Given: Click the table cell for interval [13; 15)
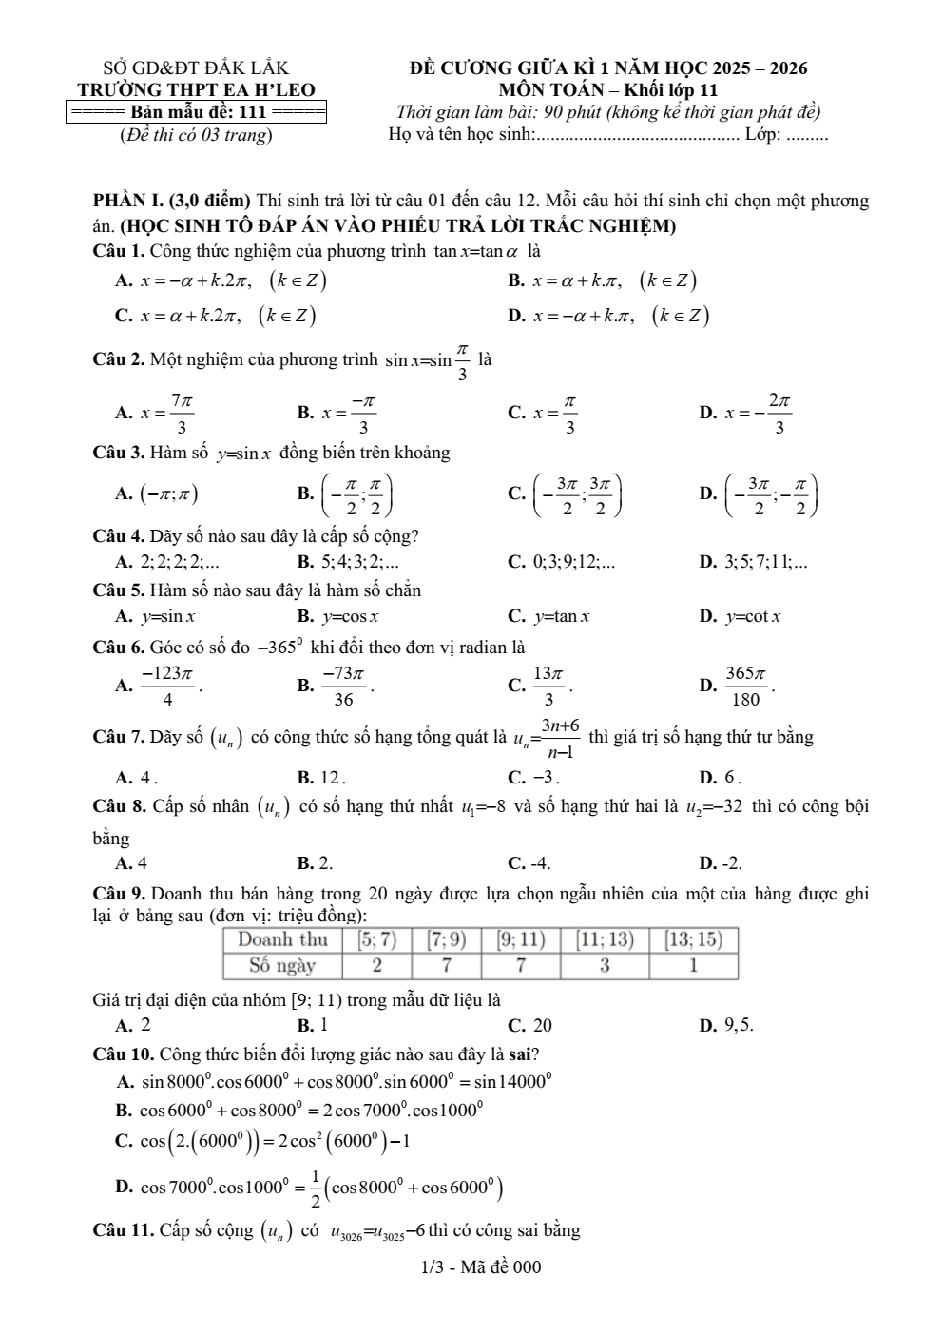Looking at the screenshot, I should pos(694,940).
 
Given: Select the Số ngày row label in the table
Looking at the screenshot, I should pos(282,966).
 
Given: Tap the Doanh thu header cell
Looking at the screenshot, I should pos(282,940).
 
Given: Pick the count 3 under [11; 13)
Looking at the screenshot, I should pos(605,966).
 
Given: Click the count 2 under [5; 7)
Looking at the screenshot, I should pos(377,966).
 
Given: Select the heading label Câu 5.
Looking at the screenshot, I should pos(118,590).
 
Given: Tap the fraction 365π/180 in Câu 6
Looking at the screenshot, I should pos(746,686).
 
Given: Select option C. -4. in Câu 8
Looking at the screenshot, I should pos(529,864).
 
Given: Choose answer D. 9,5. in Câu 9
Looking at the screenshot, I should pos(727,1026).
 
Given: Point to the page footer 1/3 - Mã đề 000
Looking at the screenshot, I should pos(480,1266).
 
